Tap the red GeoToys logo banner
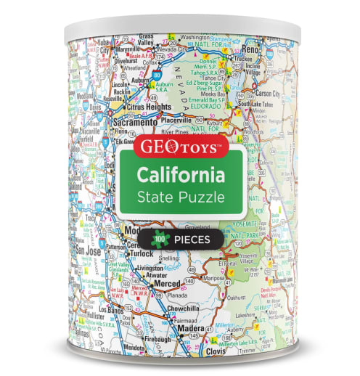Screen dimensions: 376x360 180,145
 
